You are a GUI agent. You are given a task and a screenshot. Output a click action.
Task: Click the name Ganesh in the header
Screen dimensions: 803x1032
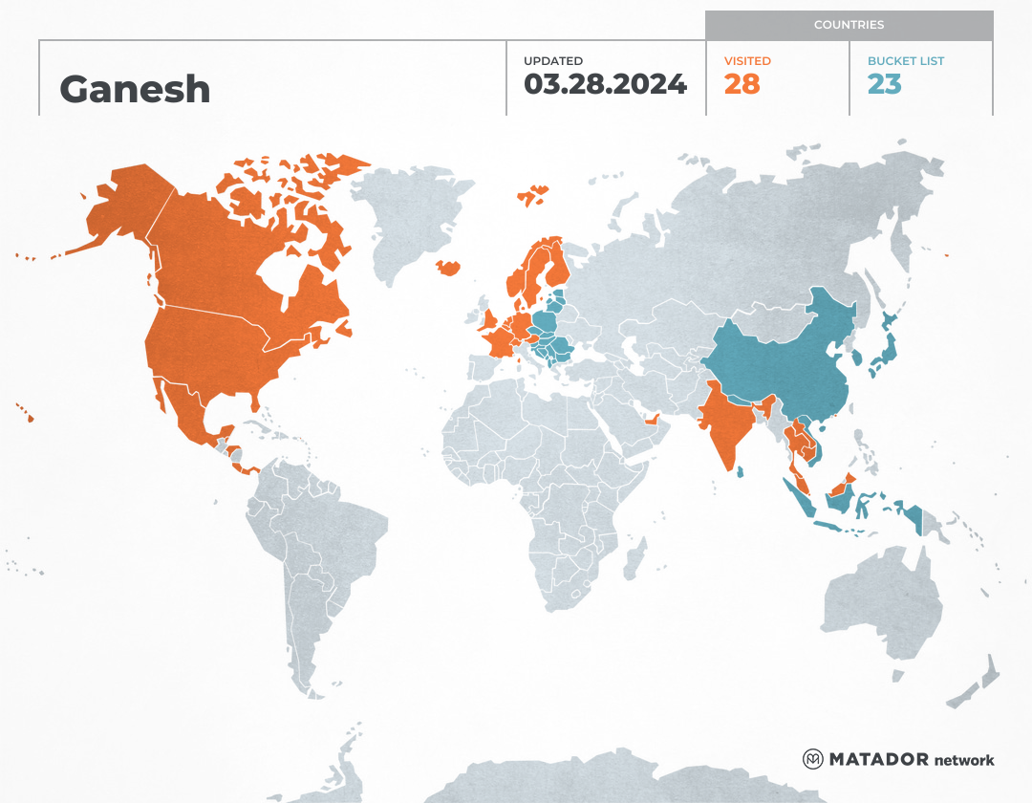(x=135, y=89)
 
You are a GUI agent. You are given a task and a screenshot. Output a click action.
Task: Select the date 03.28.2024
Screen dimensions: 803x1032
(x=605, y=84)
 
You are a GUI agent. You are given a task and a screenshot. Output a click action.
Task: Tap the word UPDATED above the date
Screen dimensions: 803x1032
(x=553, y=61)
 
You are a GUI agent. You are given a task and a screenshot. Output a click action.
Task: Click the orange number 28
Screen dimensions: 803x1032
(x=742, y=84)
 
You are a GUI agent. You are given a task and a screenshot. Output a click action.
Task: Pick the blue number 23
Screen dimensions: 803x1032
(x=884, y=84)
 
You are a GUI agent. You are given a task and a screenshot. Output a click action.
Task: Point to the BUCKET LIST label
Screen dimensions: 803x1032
(x=906, y=61)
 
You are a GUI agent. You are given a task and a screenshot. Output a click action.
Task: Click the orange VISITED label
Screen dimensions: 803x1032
(x=747, y=61)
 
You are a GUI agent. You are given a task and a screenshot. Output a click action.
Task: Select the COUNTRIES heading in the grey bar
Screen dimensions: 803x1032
(x=849, y=25)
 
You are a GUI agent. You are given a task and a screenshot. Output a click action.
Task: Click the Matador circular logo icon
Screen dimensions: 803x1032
(x=812, y=759)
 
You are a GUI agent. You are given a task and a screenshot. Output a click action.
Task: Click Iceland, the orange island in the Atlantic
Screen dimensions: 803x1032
(x=448, y=268)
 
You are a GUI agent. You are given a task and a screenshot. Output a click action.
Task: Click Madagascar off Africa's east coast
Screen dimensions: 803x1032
(x=634, y=559)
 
